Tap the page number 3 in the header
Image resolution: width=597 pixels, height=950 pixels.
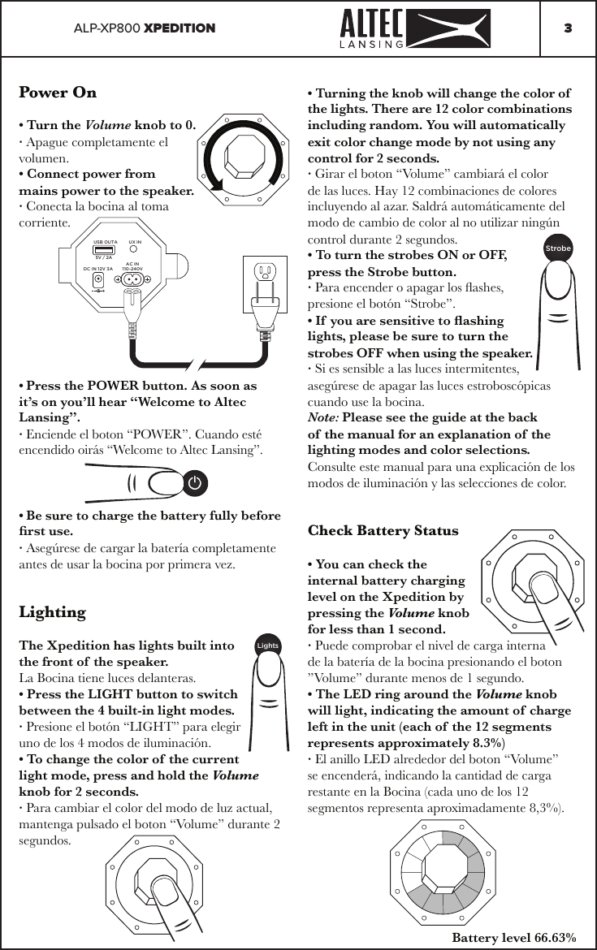568,28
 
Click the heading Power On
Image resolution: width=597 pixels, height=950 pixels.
58,92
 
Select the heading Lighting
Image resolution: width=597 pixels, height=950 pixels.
52,611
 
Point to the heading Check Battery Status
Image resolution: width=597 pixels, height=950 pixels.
383,531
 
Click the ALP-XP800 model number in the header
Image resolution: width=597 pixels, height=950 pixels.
106,28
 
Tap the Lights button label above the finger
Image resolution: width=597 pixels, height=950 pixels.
267,646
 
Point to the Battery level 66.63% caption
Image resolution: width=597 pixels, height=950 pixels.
513,938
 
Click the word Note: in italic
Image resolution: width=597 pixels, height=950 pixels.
324,418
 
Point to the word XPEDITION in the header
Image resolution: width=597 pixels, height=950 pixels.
180,28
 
